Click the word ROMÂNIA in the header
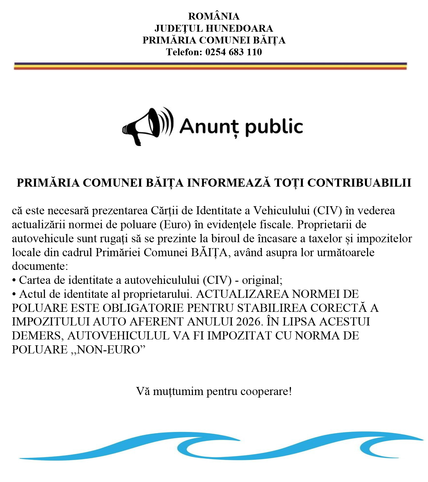click(214, 16)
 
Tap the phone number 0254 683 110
click(233, 52)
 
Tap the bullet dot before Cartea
click(14, 280)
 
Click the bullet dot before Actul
click(14, 294)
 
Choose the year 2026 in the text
click(248, 322)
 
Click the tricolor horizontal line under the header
click(211, 66)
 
